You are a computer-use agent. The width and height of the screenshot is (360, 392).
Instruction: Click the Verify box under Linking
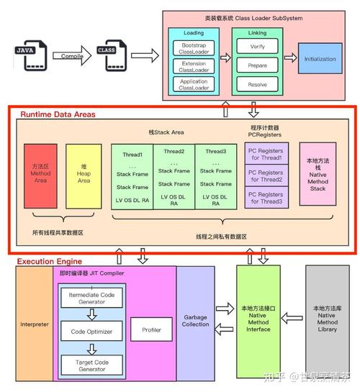click(x=257, y=46)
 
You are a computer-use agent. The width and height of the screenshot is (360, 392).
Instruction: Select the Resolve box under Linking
click(x=257, y=85)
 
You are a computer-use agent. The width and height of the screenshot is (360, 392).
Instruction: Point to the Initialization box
click(x=320, y=58)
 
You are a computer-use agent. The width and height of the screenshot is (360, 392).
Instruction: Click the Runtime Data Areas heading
click(x=58, y=114)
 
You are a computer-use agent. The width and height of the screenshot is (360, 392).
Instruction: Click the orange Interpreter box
click(x=35, y=324)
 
